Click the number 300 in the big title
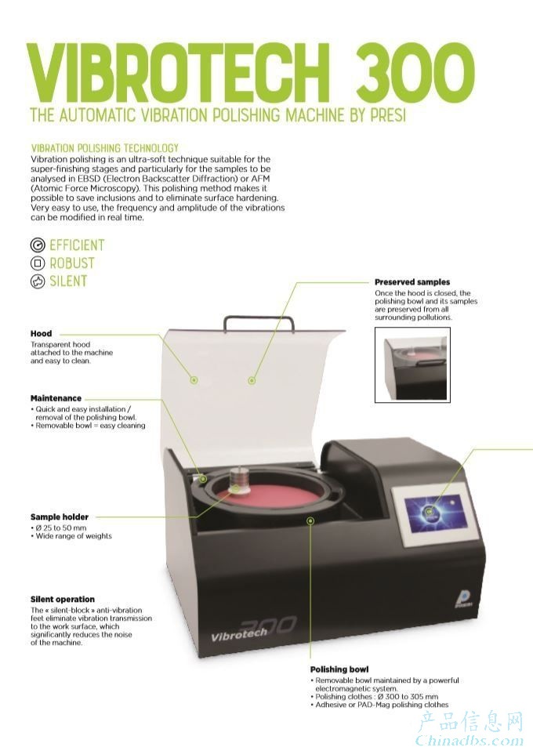[x=415, y=72]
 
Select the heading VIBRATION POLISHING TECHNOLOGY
[x=105, y=148]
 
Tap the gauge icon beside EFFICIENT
[x=38, y=245]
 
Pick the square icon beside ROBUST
[x=38, y=263]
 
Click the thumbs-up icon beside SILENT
[x=38, y=281]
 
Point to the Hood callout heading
[x=41, y=333]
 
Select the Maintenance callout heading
[x=56, y=398]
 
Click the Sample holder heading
[x=60, y=517]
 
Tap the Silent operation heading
[x=63, y=600]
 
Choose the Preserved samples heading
[x=412, y=282]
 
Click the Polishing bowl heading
[x=339, y=669]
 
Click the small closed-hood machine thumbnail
[x=412, y=365]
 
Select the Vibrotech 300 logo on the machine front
[x=253, y=629]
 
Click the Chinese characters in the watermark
[x=470, y=721]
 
